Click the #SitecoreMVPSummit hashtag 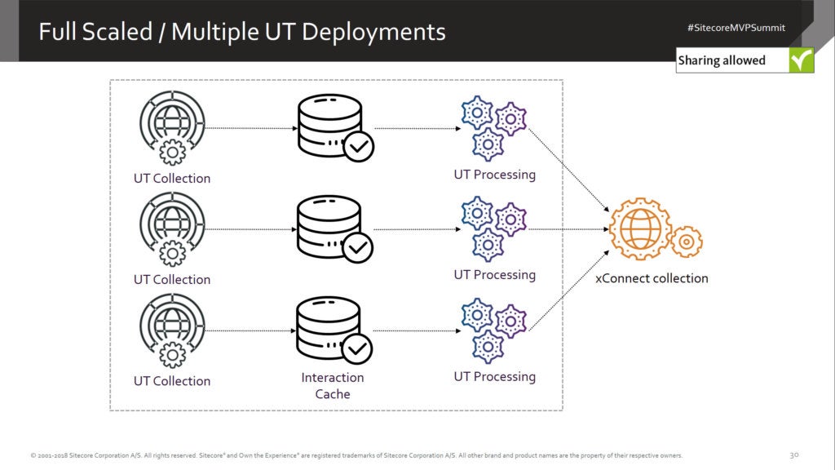pos(736,27)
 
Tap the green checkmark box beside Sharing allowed pos(802,60)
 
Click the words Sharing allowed pos(722,60)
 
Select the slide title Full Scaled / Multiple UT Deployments pos(242,32)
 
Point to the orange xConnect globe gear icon pos(641,228)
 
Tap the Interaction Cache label pos(333,386)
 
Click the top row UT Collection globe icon pos(172,129)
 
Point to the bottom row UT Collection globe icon pos(172,331)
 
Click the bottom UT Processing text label pos(494,377)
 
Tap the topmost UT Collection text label pos(172,179)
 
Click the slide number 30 pos(794,454)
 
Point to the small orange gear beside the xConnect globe pos(687,242)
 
